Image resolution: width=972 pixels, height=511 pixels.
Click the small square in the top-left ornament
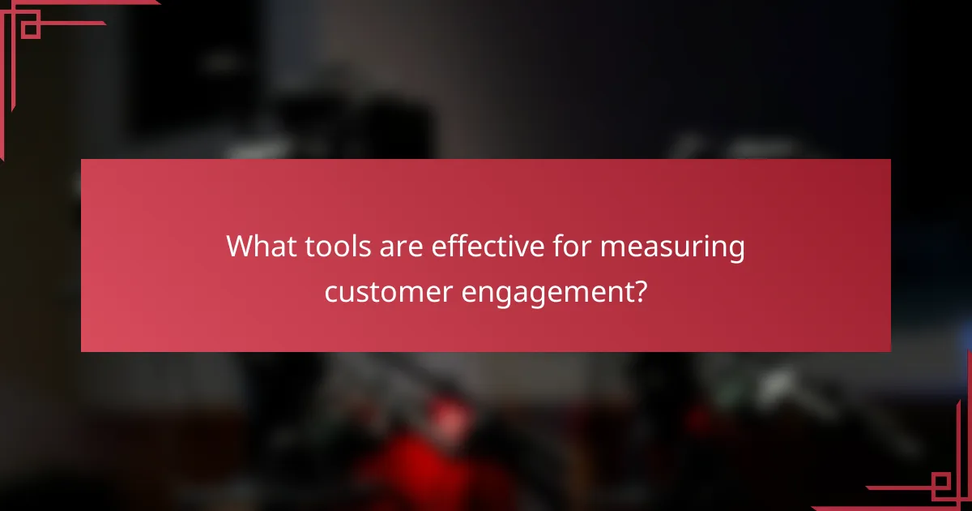[30, 29]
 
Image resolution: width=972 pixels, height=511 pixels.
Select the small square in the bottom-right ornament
[941, 485]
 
